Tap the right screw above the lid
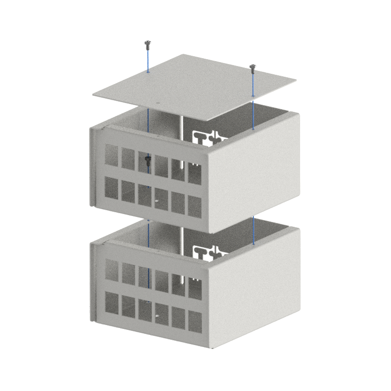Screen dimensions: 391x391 click(253, 66)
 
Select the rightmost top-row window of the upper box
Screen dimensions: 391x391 click(195, 173)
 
